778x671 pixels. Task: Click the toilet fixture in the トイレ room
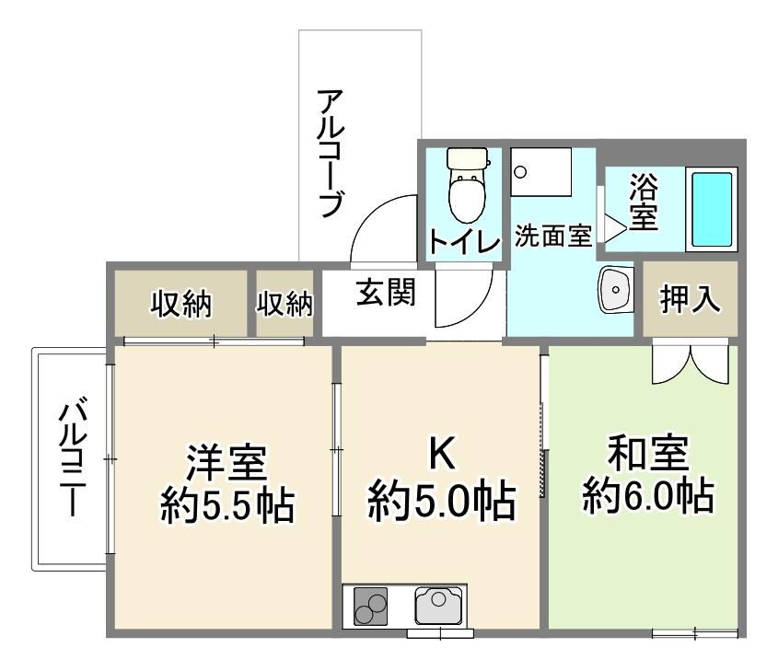[x=467, y=184]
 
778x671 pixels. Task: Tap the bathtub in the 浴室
[x=712, y=209]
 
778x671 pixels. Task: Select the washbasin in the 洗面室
[x=616, y=290]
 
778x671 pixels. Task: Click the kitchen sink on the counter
[x=438, y=605]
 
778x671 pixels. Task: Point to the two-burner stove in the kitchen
[x=370, y=606]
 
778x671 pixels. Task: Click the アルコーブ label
[x=331, y=153]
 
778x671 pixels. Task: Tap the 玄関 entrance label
[x=386, y=292]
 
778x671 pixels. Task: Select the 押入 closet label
[x=690, y=299]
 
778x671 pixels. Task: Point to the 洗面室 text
[x=553, y=236]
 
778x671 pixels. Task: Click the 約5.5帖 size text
[x=227, y=506]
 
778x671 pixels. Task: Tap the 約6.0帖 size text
[x=648, y=495]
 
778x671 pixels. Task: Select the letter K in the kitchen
[x=442, y=455]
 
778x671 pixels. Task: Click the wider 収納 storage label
[x=181, y=304]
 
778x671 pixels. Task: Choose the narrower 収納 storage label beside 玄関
[x=284, y=304]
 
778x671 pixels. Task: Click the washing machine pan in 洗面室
[x=541, y=171]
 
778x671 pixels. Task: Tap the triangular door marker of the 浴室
[x=615, y=228]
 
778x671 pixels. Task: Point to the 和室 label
[x=648, y=453]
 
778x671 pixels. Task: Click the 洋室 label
[x=226, y=463]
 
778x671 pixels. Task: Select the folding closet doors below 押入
[x=691, y=361]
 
